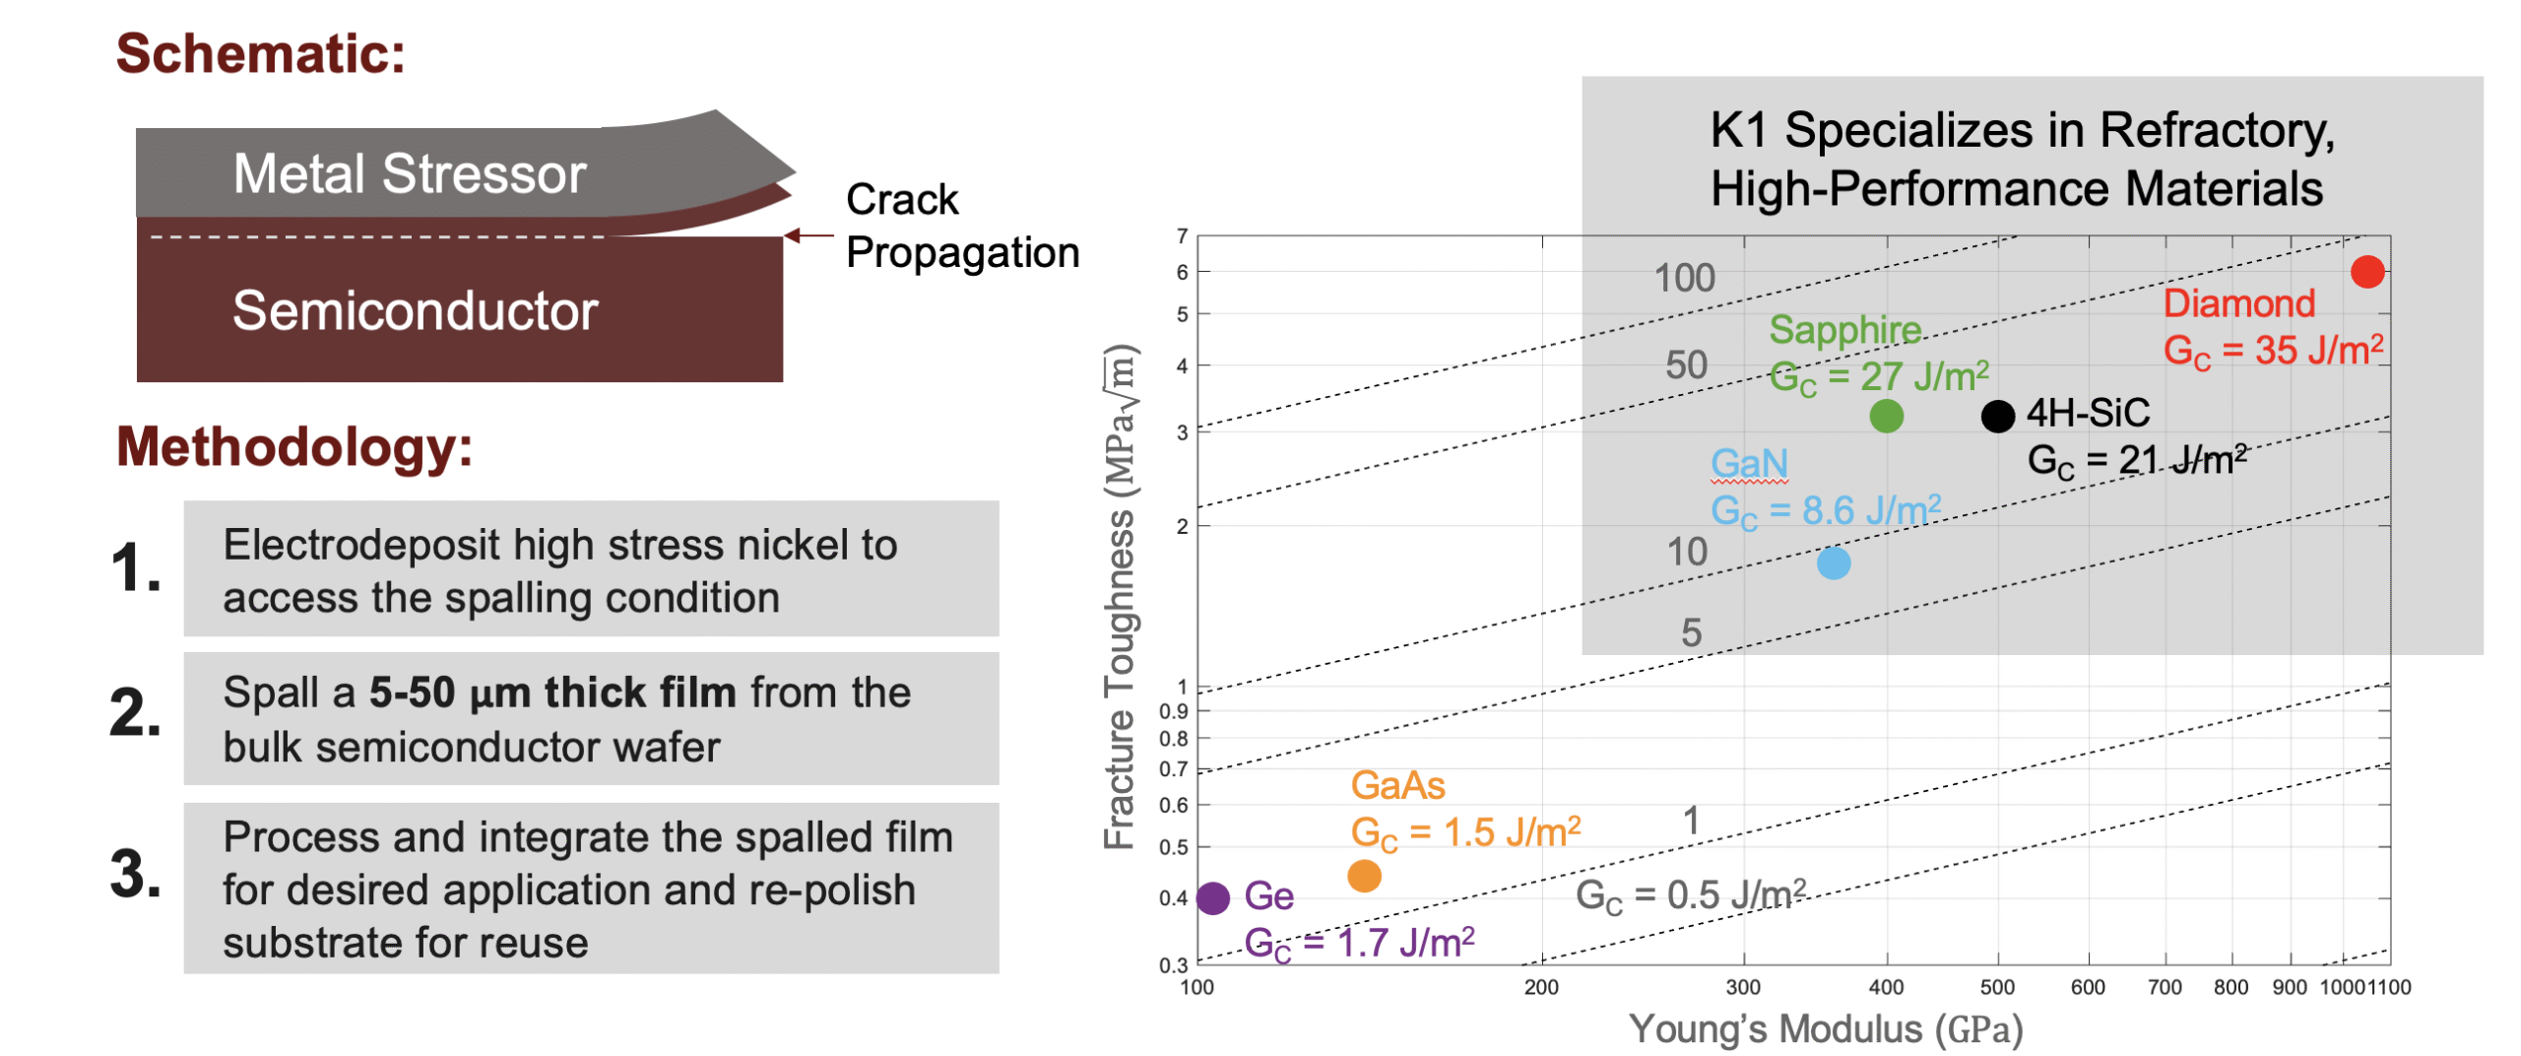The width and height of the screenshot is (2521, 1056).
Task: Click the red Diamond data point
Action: coord(2366,272)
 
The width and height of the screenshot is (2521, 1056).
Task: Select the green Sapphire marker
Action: coord(1886,416)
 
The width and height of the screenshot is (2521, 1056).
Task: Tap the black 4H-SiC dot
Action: coord(1997,416)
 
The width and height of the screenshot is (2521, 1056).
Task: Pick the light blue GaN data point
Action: coord(1833,562)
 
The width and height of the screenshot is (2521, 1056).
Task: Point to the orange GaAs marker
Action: coord(1363,875)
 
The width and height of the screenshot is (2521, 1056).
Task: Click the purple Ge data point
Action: coord(1213,897)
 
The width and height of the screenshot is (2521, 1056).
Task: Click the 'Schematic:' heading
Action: coord(260,53)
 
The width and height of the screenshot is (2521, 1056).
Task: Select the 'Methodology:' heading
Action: coord(293,447)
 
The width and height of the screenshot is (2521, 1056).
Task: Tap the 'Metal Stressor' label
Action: coord(410,174)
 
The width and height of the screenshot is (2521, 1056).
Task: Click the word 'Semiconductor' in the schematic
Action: coord(415,311)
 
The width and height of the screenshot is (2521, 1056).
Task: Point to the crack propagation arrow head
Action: coord(791,235)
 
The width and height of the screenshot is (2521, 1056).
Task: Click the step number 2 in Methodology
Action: coord(134,712)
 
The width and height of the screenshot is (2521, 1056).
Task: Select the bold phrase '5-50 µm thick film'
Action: coord(551,693)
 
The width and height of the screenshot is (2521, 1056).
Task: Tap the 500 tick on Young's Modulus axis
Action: coord(1997,987)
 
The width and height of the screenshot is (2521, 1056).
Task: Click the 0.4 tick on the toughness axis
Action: coord(1173,898)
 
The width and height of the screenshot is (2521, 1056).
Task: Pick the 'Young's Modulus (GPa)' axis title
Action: coord(1825,1029)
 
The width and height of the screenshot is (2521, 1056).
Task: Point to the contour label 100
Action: coord(1684,278)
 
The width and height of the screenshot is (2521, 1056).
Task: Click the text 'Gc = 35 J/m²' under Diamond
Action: coord(2272,351)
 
